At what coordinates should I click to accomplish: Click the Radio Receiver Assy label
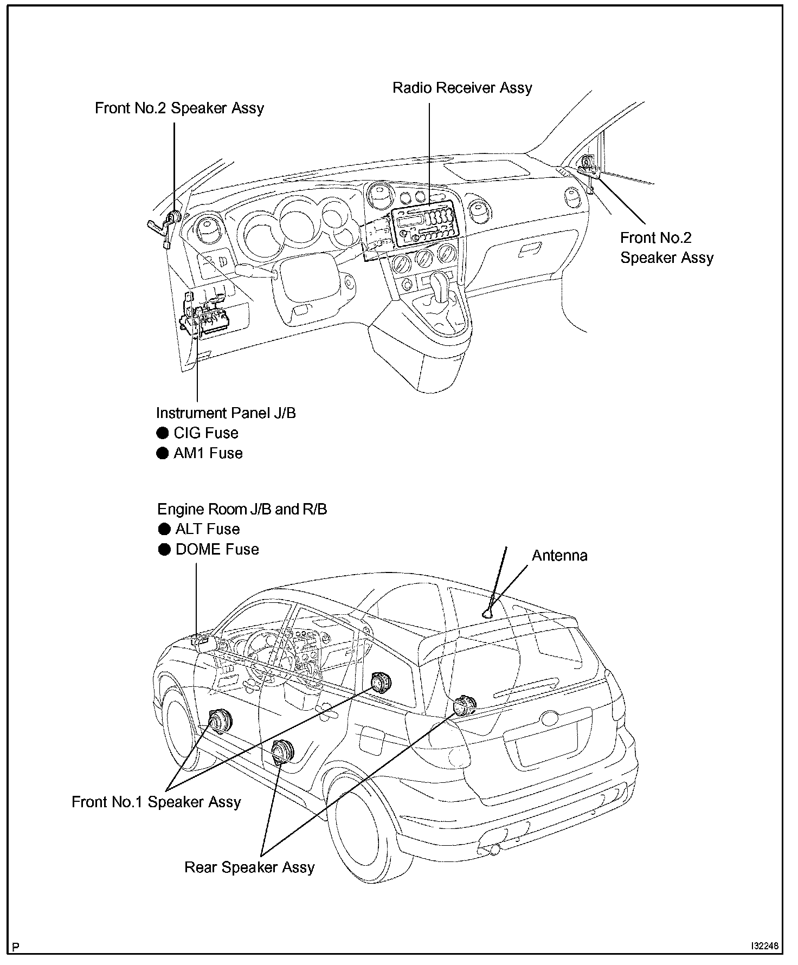coord(462,88)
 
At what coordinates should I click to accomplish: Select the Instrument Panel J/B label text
coord(226,413)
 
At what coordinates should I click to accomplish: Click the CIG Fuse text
coord(206,433)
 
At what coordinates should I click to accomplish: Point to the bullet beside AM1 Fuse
coord(163,453)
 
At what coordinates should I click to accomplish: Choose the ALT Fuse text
coord(207,529)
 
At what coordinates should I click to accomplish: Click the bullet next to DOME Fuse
coord(164,549)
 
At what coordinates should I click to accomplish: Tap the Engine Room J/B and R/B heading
coord(242,509)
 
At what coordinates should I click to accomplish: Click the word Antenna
coord(559,555)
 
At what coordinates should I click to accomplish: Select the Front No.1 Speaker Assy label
coord(156,802)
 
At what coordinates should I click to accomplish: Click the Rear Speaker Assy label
coord(249,867)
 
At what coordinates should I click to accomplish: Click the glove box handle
coord(530,250)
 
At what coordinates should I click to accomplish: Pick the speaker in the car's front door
coord(221,721)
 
